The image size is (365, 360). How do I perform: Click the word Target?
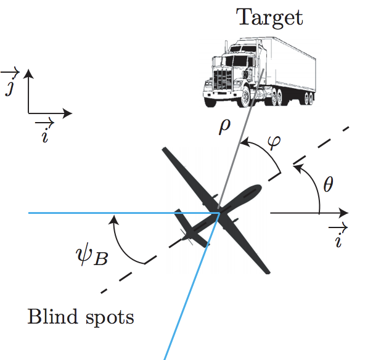coord(269,17)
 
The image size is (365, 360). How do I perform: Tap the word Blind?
coord(52,316)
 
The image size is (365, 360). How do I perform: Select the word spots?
coord(110,318)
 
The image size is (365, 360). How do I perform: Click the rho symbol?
coord(224,126)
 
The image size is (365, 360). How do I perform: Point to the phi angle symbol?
coord(274,141)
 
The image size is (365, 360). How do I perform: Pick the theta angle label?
coord(329,184)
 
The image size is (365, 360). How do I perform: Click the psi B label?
coord(92,254)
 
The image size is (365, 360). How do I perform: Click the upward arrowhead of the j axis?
coord(28,73)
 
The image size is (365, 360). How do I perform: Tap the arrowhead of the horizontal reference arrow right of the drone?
coord(343,213)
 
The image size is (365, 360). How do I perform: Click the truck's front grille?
coord(223,80)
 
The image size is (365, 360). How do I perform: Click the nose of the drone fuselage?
coord(259,187)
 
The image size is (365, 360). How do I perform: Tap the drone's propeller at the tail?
coord(187,237)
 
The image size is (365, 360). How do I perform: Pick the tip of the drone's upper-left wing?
coord(165,149)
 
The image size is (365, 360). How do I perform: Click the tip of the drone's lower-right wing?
coord(268,272)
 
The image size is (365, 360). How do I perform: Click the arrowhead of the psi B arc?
coord(113,219)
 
